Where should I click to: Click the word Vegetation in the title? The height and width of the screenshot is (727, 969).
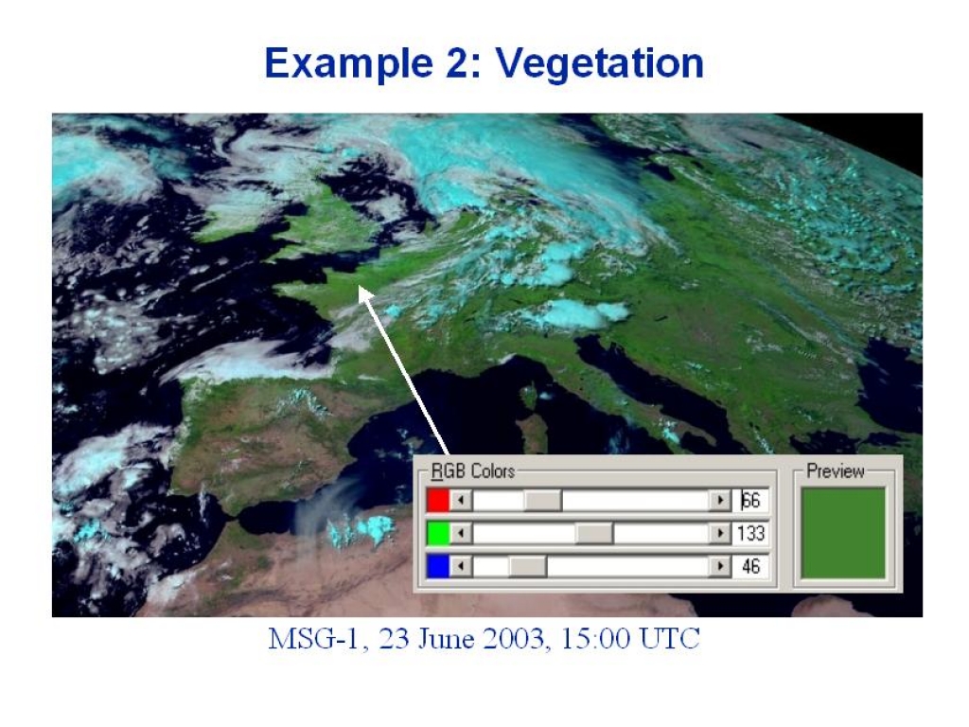tap(599, 63)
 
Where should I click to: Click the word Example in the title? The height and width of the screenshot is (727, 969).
tap(348, 63)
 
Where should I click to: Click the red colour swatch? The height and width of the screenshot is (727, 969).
tap(437, 500)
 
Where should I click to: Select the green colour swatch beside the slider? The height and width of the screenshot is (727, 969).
tap(437, 533)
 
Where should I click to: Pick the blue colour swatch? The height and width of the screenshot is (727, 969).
tap(437, 566)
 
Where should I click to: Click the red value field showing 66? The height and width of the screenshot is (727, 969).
tap(750, 500)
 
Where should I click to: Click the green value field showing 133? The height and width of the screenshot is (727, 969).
tap(750, 533)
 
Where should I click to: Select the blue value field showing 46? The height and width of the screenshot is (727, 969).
tap(750, 566)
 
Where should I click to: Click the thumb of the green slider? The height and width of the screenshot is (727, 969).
tap(594, 533)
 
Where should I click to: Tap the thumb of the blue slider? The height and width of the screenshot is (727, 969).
tap(528, 566)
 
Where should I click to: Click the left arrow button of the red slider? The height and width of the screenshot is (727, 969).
tap(461, 500)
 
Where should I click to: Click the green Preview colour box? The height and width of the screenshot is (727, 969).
tap(843, 534)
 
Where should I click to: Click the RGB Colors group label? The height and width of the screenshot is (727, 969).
tap(473, 471)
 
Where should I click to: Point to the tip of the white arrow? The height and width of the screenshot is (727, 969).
tap(359, 285)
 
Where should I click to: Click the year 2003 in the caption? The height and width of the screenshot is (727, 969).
tap(516, 639)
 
